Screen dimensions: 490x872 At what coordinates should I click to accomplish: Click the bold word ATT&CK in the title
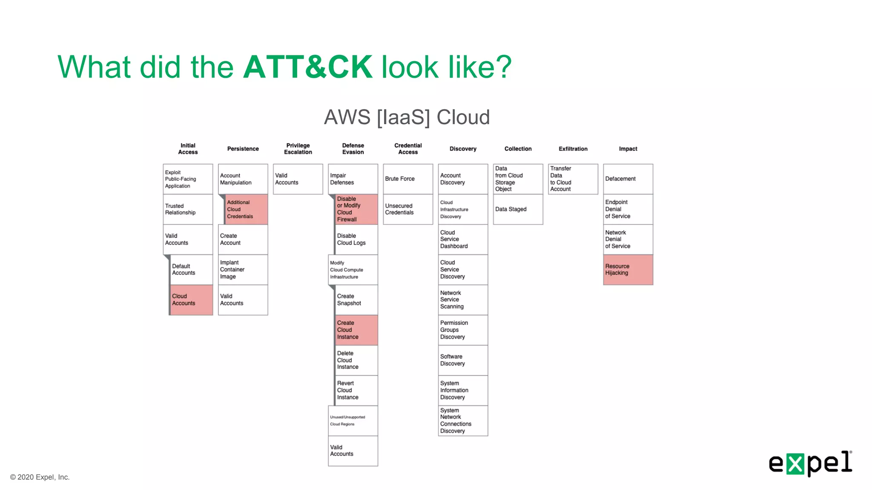(x=307, y=67)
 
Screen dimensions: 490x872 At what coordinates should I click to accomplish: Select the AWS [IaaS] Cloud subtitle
(x=407, y=117)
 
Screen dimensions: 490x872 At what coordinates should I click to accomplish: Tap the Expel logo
(x=810, y=463)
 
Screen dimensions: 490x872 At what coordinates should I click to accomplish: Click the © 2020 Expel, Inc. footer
(x=40, y=477)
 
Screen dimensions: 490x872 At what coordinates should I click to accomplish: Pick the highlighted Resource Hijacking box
(x=628, y=270)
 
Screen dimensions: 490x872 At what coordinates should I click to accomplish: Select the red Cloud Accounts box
(x=191, y=300)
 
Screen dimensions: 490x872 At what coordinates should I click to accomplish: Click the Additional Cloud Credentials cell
(x=246, y=209)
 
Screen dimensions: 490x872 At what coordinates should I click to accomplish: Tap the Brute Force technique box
(x=407, y=179)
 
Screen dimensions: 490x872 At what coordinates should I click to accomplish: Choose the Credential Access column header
(x=407, y=149)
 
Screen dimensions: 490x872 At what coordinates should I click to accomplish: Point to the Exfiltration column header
(x=573, y=149)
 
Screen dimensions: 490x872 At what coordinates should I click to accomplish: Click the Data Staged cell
(x=517, y=209)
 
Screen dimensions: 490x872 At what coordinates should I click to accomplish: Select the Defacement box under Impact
(x=628, y=179)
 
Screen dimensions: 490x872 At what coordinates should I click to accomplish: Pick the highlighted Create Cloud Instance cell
(x=356, y=330)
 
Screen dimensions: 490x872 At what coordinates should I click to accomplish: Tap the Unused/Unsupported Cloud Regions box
(x=353, y=420)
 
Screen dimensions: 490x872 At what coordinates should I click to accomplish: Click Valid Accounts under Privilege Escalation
(x=298, y=179)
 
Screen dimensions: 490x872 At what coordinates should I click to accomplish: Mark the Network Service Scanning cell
(x=462, y=300)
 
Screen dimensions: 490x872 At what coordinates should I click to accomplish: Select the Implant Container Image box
(x=243, y=270)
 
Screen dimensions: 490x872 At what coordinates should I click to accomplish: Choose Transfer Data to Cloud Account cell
(x=573, y=179)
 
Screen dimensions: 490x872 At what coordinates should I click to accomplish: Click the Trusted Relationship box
(x=188, y=209)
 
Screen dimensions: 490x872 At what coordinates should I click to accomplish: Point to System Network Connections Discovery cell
(x=462, y=420)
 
